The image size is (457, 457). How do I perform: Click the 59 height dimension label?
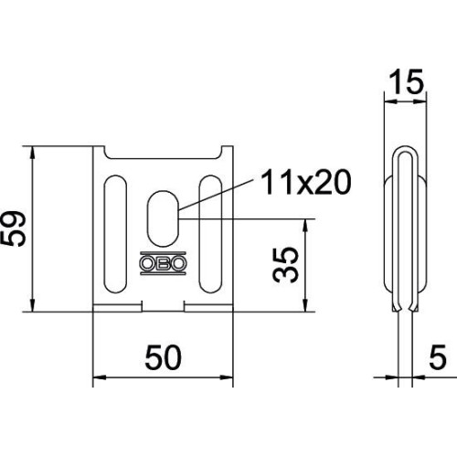click(14, 229)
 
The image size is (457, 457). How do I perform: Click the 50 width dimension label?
click(163, 357)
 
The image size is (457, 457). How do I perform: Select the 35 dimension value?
click(285, 265)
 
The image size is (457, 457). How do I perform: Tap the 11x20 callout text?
click(305, 182)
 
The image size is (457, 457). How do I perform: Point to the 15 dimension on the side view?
click(406, 81)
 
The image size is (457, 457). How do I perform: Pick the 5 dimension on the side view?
click(438, 356)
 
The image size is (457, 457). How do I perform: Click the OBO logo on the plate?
click(163, 263)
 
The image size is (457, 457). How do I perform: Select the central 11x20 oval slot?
click(163, 218)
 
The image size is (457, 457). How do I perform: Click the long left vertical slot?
click(115, 234)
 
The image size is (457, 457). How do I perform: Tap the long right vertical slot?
click(210, 234)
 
